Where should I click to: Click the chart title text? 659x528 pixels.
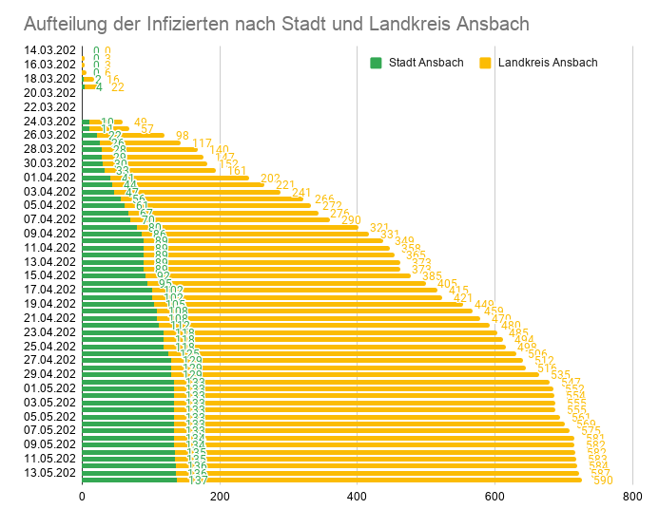[x=276, y=23]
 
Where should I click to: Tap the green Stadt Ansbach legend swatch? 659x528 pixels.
[x=376, y=63]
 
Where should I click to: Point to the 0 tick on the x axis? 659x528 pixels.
[x=82, y=496]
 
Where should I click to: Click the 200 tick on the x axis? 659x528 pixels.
[x=220, y=496]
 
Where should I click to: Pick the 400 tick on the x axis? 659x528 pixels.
[x=357, y=496]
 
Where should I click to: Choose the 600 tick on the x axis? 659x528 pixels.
[x=494, y=496]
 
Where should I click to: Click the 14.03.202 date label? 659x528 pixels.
[x=50, y=50]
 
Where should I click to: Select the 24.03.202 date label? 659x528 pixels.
[x=50, y=121]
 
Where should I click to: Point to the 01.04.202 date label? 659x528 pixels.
[x=50, y=177]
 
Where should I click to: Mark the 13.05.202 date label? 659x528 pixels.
[x=50, y=472]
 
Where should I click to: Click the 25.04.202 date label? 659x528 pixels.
[x=50, y=346]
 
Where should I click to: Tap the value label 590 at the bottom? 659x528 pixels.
[x=603, y=481]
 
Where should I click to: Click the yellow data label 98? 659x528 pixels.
[x=183, y=136]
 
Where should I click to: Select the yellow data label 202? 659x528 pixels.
[x=270, y=179]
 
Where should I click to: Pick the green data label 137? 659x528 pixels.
[x=198, y=481]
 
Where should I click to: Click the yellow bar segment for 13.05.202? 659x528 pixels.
[x=380, y=472]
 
